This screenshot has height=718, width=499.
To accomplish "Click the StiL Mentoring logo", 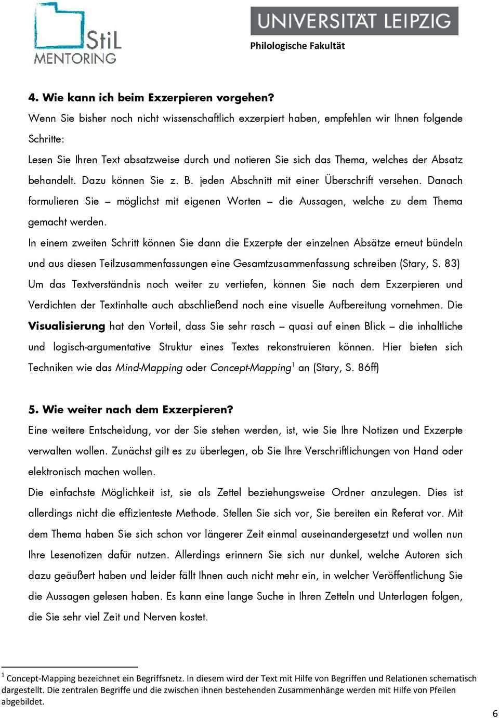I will point(77,34).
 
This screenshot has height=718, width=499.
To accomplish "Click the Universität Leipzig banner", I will point(354,21).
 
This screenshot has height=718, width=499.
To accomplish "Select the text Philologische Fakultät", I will point(297,46).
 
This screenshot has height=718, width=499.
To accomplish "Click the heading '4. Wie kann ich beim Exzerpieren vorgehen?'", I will point(151,97).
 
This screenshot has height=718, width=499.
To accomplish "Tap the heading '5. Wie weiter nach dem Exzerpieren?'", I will point(130,409).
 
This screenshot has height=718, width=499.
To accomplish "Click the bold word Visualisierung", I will point(67,326).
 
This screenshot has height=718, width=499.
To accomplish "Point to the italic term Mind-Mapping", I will point(149,368).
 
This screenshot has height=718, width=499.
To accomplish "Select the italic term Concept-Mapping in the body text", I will point(250,368).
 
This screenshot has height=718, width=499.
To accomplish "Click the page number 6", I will point(494,713).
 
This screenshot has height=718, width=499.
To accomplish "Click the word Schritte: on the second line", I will point(46,139).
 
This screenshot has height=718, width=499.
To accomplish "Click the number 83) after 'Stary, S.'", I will point(452,264).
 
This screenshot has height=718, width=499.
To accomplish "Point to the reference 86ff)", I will point(369,368).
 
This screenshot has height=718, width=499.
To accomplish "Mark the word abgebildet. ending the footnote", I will point(23,701).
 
